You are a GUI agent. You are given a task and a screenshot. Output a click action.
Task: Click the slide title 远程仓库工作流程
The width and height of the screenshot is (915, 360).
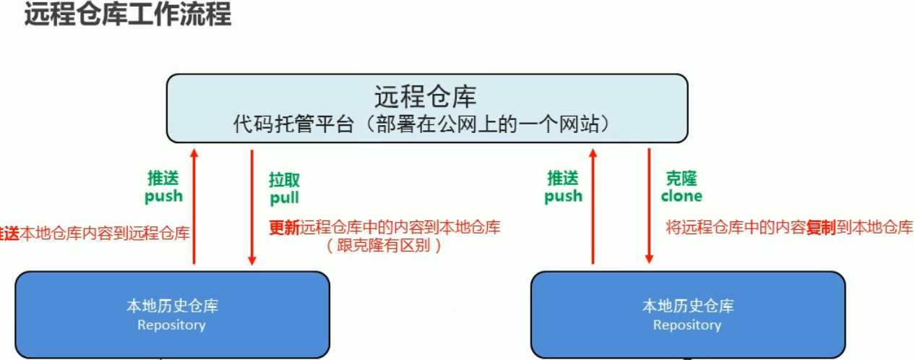[x=128, y=15]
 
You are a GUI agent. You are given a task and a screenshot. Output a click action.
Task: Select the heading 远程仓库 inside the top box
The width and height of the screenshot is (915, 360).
[x=426, y=96]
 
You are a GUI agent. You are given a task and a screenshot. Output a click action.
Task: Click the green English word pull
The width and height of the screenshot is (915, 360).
[x=284, y=197]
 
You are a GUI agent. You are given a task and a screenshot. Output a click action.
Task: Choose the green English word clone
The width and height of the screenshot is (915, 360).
[x=682, y=196]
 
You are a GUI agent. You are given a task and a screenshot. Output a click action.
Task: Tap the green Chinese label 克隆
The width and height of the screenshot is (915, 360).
[x=681, y=179]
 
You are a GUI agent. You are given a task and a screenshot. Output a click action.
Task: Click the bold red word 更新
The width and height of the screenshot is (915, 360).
[x=283, y=227]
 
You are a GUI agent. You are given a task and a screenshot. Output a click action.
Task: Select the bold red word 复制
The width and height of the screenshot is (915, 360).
[x=822, y=228]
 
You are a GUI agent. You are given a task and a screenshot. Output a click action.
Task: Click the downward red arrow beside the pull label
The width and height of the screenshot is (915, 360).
[x=252, y=207]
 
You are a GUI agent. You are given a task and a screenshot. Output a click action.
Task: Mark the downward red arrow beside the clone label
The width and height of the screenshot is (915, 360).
[x=649, y=205]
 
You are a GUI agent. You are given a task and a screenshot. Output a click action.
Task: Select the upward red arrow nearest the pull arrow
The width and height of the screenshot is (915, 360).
[x=194, y=205]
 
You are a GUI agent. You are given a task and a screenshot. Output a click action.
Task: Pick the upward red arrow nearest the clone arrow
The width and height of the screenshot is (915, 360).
[x=593, y=205]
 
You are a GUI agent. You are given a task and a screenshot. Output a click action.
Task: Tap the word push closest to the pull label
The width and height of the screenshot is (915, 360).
[x=163, y=196]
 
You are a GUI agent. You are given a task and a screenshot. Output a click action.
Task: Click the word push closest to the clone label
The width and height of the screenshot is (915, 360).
[x=563, y=196]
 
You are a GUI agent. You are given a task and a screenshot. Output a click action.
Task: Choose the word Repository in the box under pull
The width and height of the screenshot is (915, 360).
[x=171, y=325]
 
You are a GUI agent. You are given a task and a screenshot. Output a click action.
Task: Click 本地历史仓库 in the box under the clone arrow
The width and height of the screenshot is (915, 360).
[x=687, y=306]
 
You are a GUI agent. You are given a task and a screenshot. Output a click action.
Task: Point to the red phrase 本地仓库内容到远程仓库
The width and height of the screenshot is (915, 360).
[x=106, y=233]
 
